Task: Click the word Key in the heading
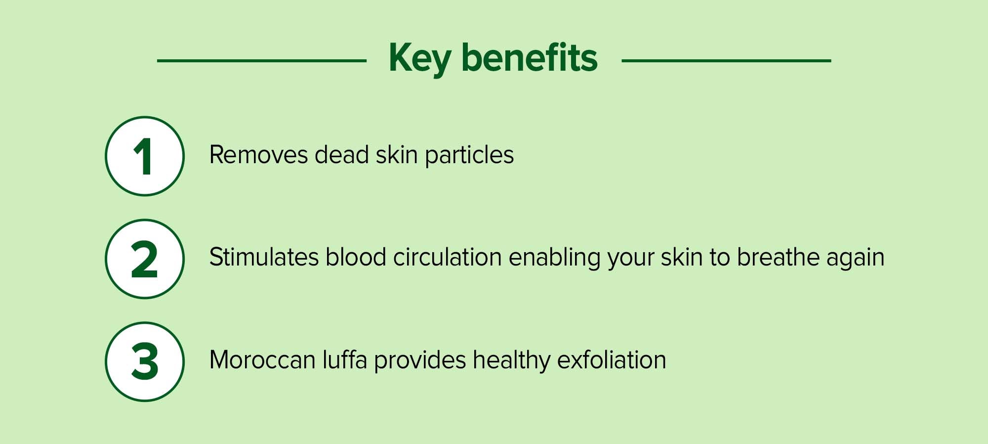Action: click(420, 58)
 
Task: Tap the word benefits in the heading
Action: click(530, 57)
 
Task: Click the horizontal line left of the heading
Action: click(262, 61)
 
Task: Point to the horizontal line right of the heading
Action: click(726, 61)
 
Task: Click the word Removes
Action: click(259, 155)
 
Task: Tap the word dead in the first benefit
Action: click(342, 154)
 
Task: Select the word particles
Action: click(469, 155)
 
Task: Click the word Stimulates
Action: click(264, 257)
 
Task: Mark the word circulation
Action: click(448, 257)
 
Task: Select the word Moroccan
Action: click(262, 360)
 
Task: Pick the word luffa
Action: click(345, 359)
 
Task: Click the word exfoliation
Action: click(612, 359)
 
